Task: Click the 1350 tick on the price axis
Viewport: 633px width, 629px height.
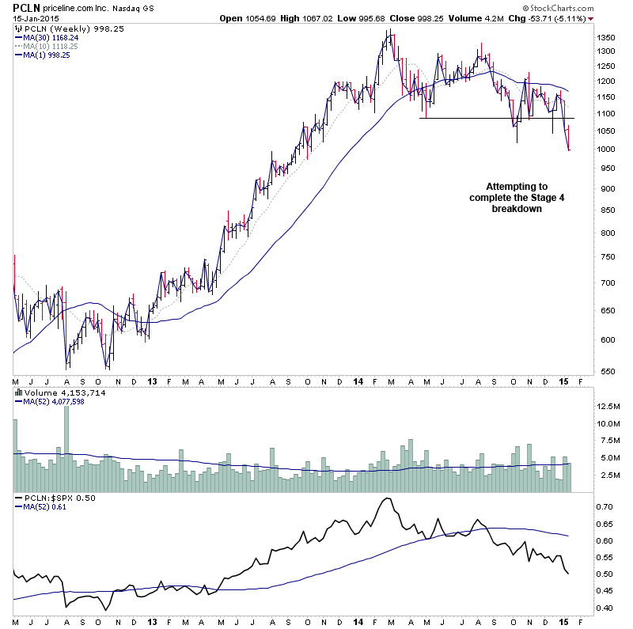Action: tap(606, 37)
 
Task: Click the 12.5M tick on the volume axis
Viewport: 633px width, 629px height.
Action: tap(608, 406)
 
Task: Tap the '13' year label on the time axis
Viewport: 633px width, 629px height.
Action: tap(152, 381)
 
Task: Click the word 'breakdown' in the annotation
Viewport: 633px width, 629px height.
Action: tap(517, 209)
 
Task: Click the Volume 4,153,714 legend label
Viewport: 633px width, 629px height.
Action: tap(55, 392)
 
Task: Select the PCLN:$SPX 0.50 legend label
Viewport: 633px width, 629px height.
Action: tap(56, 498)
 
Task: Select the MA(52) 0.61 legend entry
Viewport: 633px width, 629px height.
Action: tap(40, 507)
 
